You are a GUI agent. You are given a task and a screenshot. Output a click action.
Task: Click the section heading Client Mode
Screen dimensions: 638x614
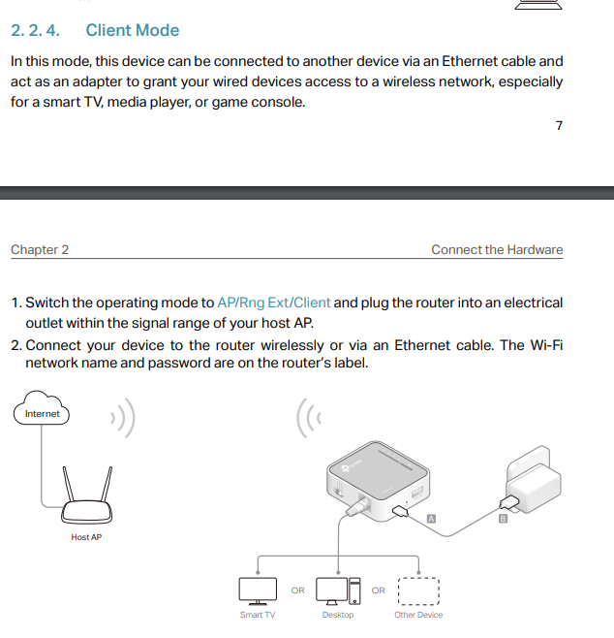coord(133,30)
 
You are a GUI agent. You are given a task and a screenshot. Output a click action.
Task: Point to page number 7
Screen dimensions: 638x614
coord(559,126)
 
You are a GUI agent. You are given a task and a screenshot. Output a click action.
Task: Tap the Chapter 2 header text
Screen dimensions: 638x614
coord(40,249)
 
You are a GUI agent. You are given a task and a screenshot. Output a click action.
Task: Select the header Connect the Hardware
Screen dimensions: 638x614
coord(497,249)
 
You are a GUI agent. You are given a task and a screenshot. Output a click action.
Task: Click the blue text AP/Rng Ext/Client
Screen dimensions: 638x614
coord(274,303)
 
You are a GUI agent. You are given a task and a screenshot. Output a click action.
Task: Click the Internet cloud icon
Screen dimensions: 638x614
coord(43,413)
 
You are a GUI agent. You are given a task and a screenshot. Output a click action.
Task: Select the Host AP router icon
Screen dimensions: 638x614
coord(86,497)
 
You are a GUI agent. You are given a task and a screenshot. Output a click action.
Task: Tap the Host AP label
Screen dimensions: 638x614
coord(86,537)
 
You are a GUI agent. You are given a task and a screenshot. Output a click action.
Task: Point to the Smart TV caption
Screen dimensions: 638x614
coord(258,615)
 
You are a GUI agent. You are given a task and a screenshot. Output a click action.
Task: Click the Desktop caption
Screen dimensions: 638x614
coord(338,615)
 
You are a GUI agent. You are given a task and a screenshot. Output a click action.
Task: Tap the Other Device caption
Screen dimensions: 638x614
coord(418,615)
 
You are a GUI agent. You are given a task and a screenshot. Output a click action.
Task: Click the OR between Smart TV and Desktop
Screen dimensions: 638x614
coord(298,590)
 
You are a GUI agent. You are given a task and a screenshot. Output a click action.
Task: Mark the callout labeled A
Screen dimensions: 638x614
coord(430,520)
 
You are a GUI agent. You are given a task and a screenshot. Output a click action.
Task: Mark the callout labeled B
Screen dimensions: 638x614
coord(503,520)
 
